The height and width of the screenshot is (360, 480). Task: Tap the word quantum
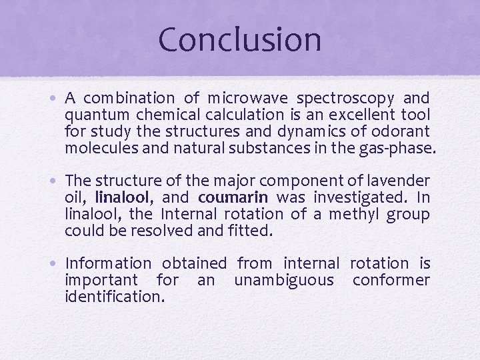[x=91, y=115]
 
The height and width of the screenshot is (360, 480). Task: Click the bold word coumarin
[x=233, y=197]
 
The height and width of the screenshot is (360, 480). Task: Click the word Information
[x=108, y=264]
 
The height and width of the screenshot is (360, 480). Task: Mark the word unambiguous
[x=283, y=280]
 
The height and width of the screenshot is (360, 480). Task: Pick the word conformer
[x=391, y=280]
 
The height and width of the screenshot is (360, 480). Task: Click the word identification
[x=114, y=297]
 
